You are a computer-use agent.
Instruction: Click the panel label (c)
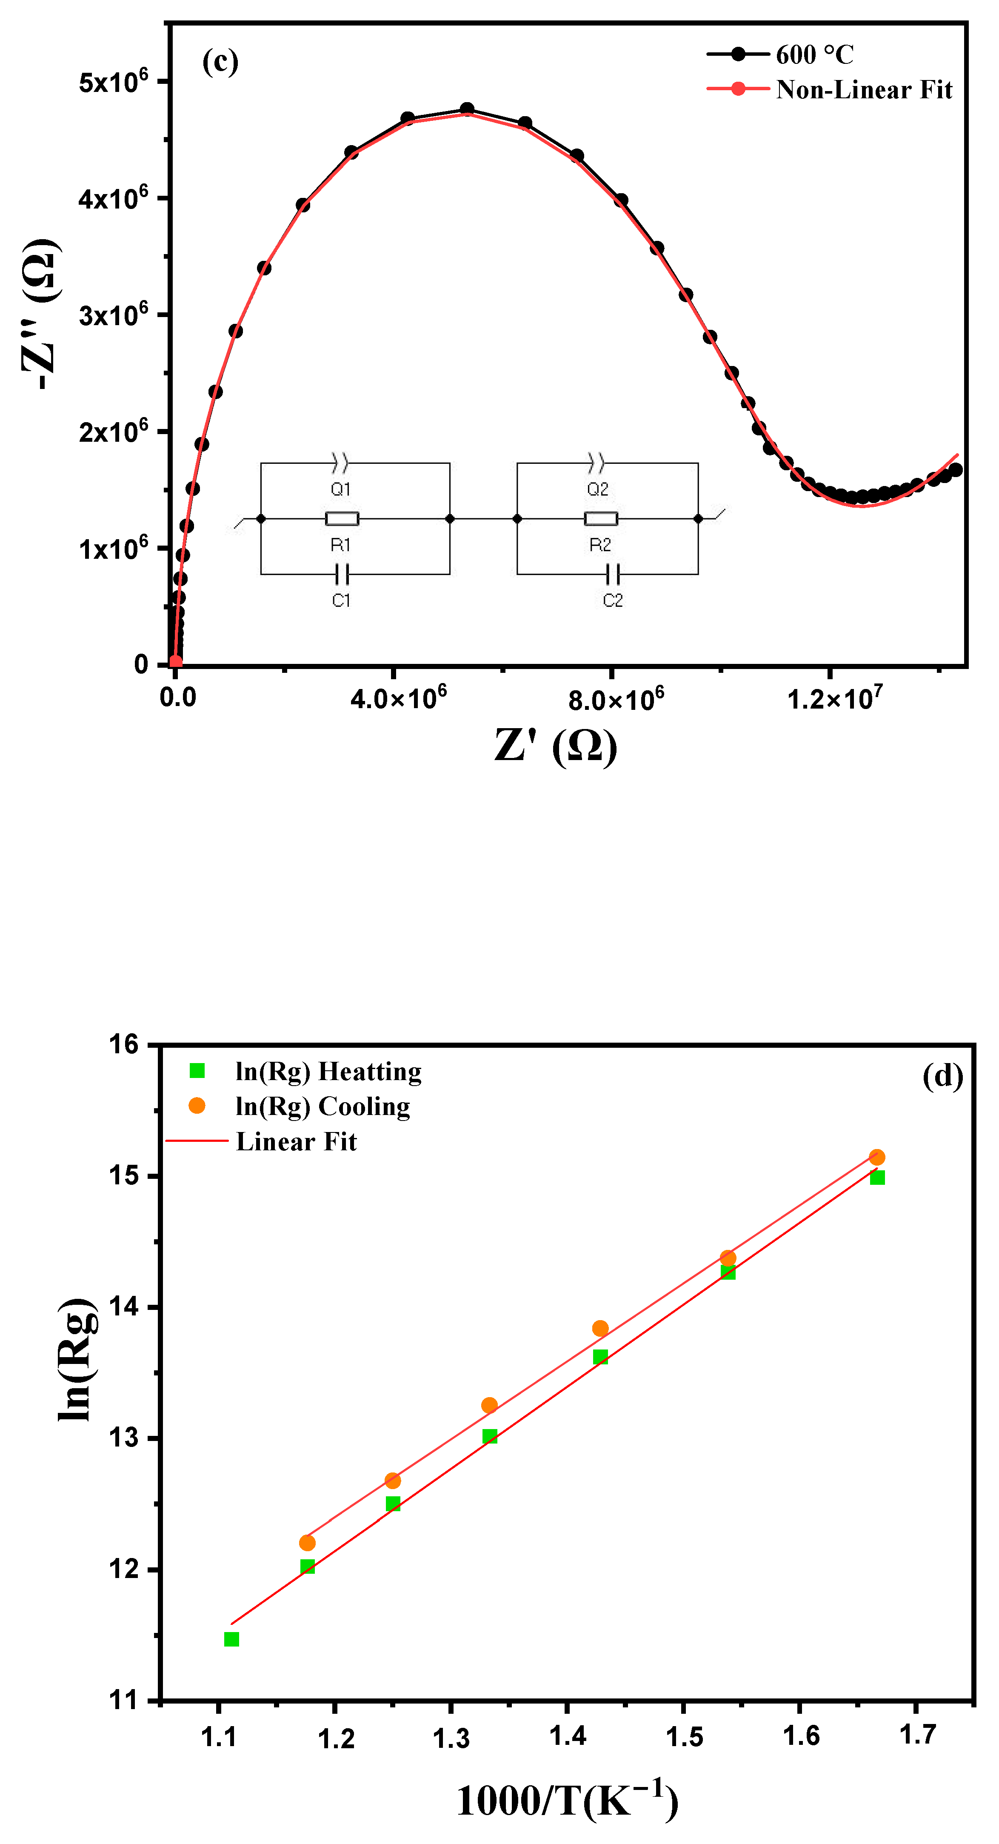point(220,62)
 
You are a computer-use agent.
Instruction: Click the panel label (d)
point(942,1076)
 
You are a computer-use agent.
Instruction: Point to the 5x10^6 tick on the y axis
point(113,81)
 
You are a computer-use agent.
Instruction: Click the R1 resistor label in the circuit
point(341,546)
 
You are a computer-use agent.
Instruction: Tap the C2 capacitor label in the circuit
point(613,600)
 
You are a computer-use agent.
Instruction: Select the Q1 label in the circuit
point(341,489)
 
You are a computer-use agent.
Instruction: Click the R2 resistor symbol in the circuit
point(600,519)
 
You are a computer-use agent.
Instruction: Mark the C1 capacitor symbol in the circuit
point(341,574)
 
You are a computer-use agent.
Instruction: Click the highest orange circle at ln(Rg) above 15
point(876,1158)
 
